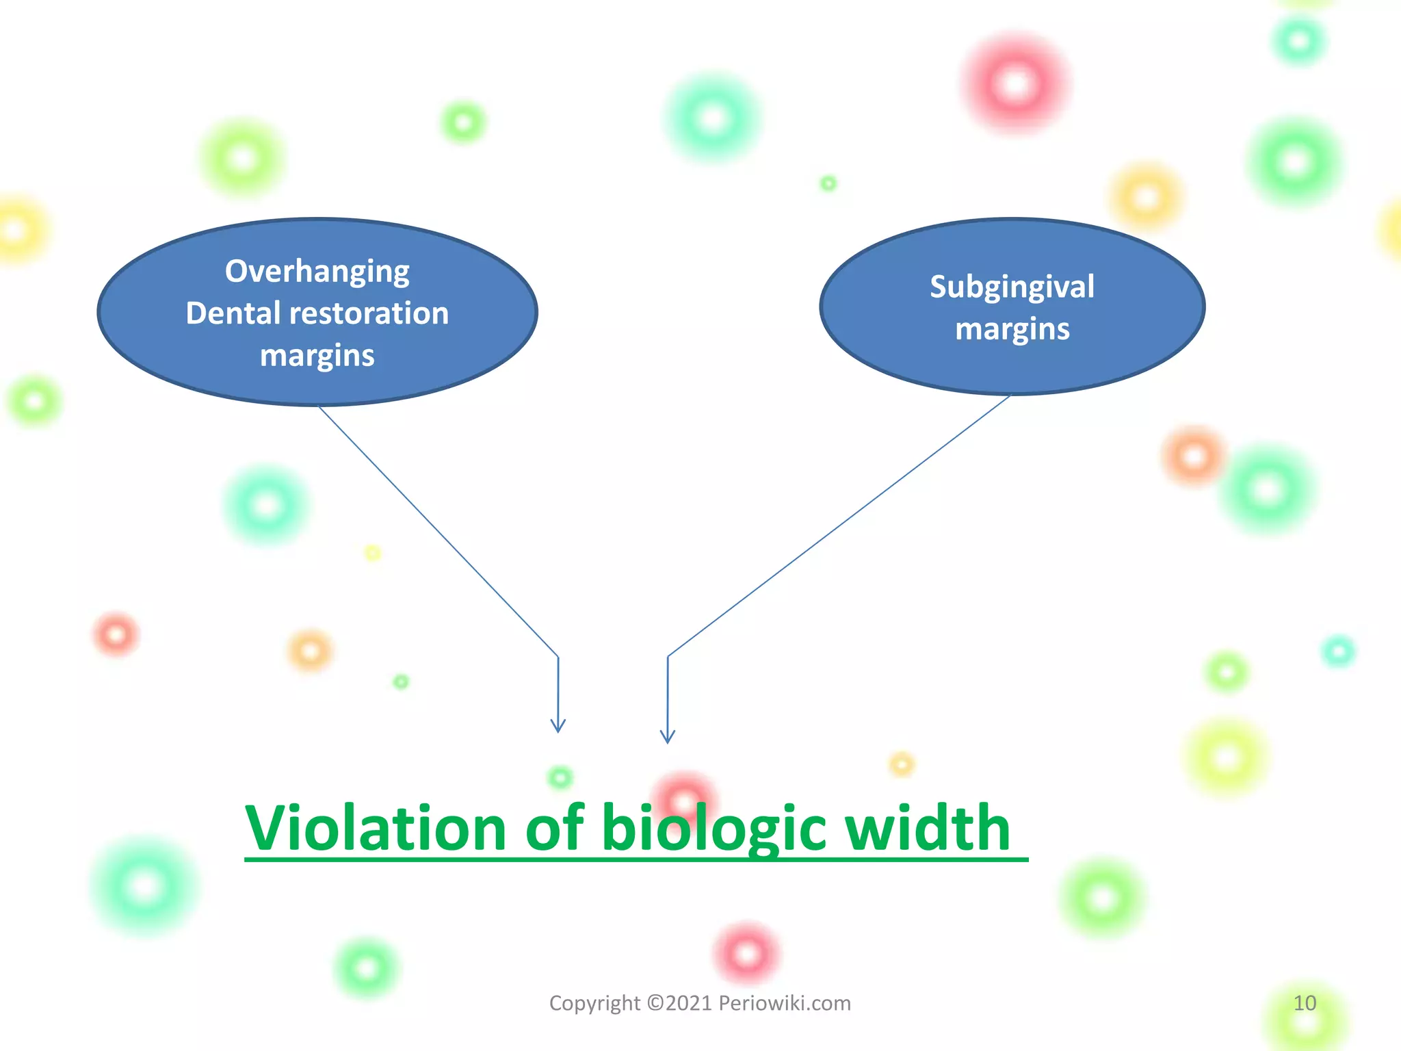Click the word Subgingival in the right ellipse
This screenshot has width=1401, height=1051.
click(1012, 287)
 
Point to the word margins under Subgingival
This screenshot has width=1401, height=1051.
click(1012, 330)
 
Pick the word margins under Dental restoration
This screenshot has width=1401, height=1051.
click(317, 356)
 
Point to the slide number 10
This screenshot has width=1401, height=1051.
click(1305, 1003)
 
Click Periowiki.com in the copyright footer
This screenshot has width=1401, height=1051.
click(784, 1003)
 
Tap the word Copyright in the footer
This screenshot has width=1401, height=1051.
click(594, 1003)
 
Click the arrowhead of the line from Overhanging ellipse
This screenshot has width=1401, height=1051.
click(558, 727)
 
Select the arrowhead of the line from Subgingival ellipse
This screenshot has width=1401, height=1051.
click(668, 737)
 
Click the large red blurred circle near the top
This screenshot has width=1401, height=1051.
click(1016, 85)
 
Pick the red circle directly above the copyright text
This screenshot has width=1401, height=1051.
click(746, 953)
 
